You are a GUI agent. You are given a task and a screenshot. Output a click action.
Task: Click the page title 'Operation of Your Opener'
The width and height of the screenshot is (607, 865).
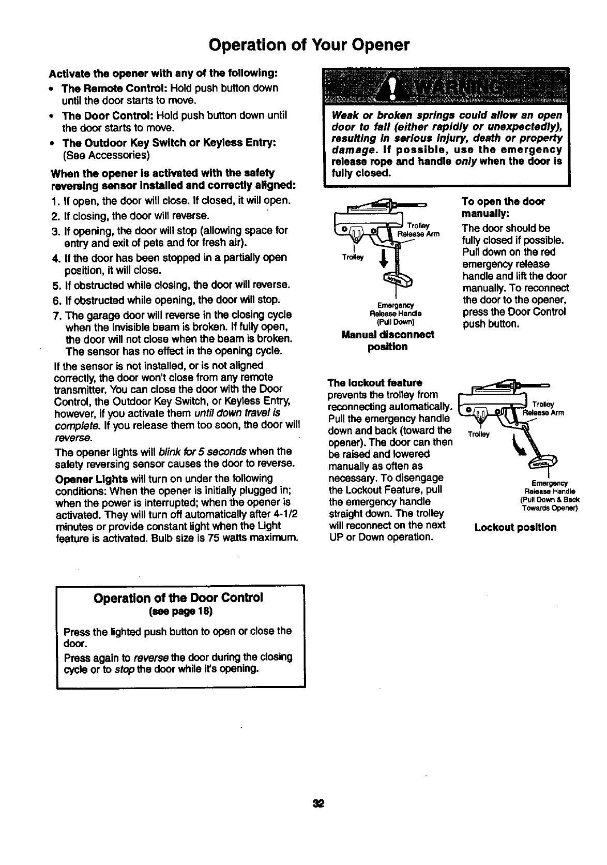click(x=309, y=45)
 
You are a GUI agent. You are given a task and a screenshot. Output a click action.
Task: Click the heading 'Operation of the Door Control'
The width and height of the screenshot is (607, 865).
click(x=178, y=598)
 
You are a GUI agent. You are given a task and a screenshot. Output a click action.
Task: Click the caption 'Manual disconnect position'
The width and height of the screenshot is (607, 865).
click(x=388, y=340)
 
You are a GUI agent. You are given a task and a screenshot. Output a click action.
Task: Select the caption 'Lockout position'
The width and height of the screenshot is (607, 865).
click(x=515, y=528)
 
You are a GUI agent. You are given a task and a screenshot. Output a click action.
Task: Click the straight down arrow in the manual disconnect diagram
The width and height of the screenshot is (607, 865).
click(x=383, y=259)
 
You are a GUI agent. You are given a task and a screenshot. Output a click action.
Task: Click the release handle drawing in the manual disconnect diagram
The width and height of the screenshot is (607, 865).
click(x=399, y=280)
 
